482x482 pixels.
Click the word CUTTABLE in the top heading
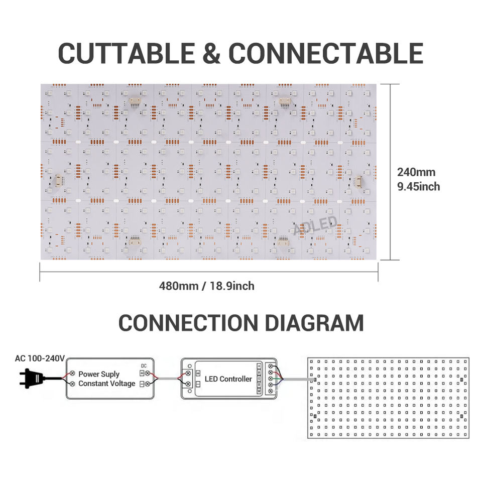(x=127, y=53)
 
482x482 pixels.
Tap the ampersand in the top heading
(x=211, y=53)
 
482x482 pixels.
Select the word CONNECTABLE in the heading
(x=326, y=53)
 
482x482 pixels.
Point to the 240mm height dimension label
(x=416, y=172)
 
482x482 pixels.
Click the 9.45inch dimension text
(x=418, y=187)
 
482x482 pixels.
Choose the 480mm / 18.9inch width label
(x=206, y=286)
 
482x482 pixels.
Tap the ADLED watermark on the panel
(x=315, y=225)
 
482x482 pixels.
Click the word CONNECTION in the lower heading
(x=188, y=323)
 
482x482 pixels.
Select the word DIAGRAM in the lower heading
(x=314, y=323)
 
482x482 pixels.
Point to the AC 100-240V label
(x=40, y=358)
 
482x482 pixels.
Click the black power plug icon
(x=32, y=378)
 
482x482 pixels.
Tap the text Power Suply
(x=99, y=374)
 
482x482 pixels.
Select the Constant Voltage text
(x=106, y=383)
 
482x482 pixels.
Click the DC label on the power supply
(x=144, y=366)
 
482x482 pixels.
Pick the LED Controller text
(x=228, y=379)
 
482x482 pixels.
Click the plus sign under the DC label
(x=142, y=373)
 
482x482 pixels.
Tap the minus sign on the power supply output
(x=142, y=384)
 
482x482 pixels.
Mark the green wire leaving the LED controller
(x=278, y=379)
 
